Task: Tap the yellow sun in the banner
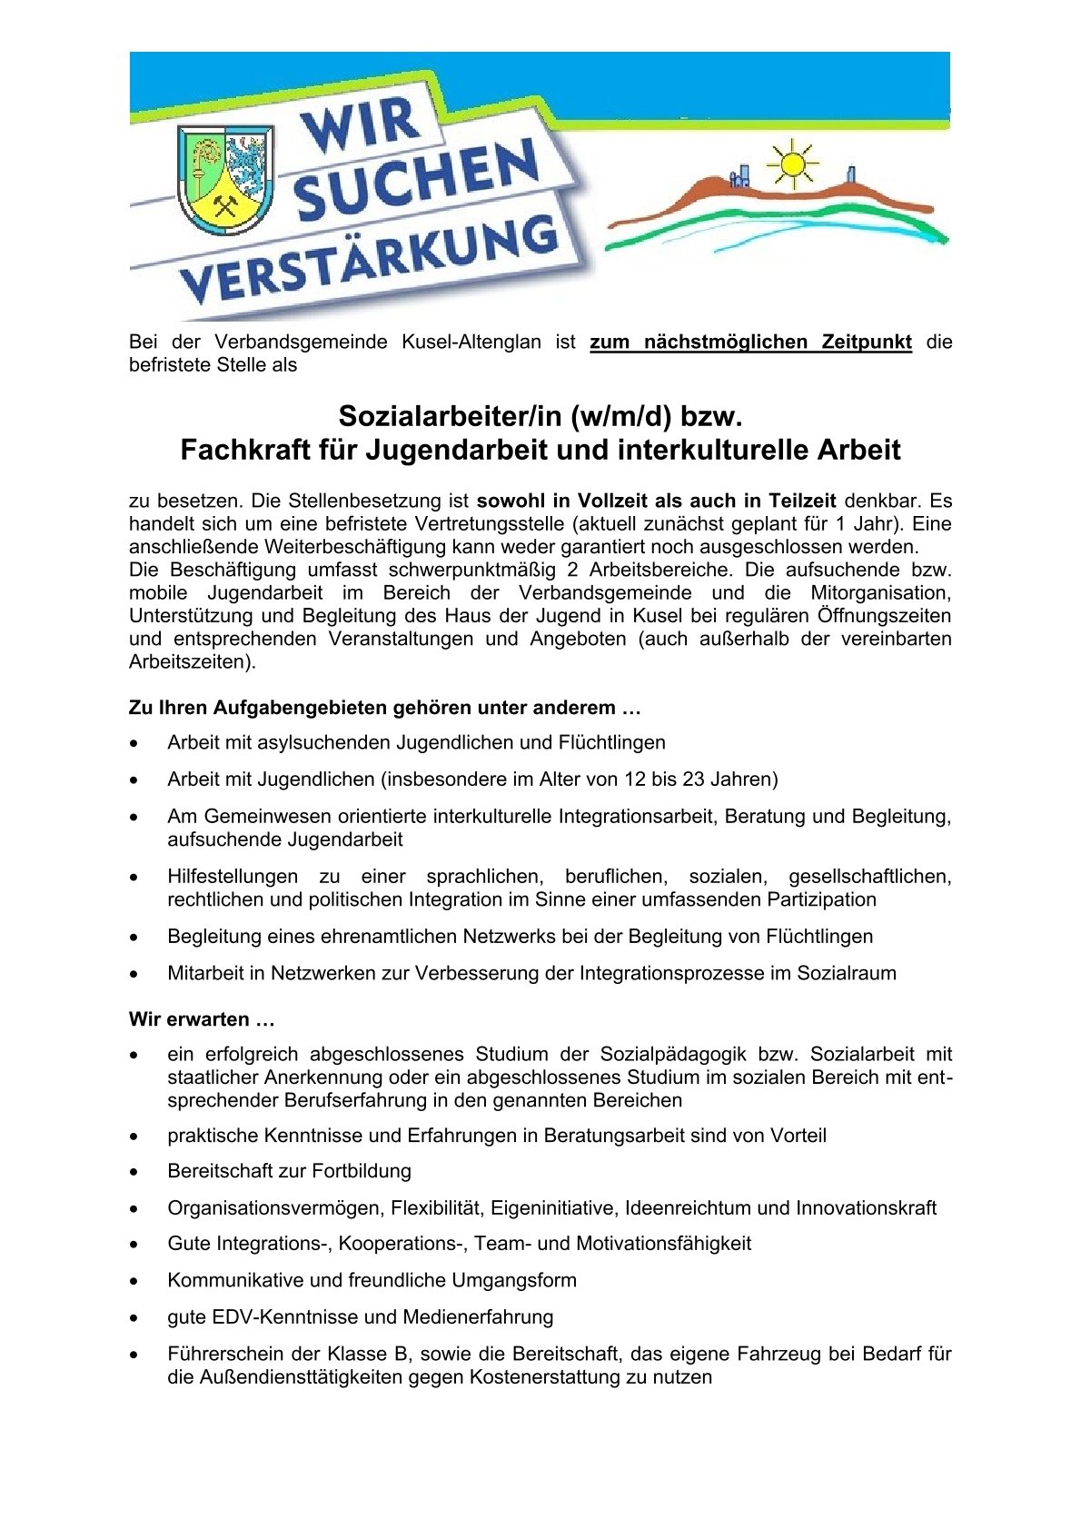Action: (792, 164)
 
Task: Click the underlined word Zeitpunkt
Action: (867, 343)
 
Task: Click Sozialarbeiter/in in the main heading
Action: (451, 416)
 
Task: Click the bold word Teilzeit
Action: (802, 501)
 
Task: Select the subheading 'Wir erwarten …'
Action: (202, 1019)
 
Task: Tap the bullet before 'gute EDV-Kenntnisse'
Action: (134, 1317)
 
